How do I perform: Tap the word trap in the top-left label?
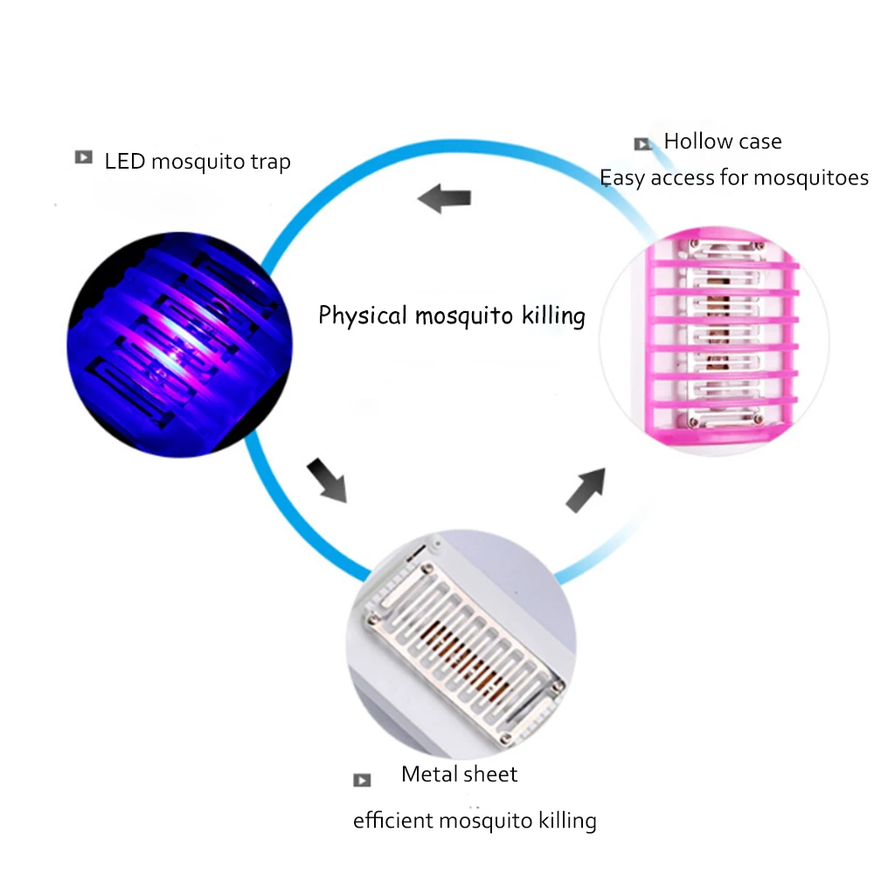pos(270,163)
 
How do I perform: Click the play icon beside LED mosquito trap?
pos(84,158)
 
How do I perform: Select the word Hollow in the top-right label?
pos(696,142)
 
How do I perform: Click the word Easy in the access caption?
pos(621,178)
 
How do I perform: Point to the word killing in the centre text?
pos(553,315)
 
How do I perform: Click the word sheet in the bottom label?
pos(491,774)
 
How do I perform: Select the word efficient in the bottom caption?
pos(392,821)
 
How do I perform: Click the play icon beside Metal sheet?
pos(362,780)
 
